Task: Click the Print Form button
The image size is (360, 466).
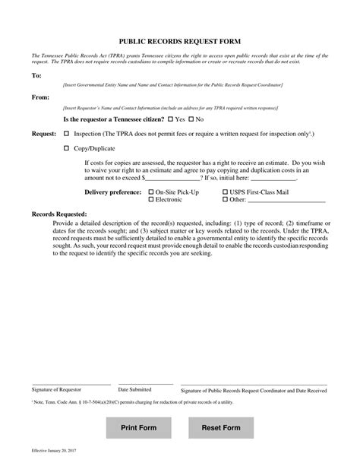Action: [x=139, y=429]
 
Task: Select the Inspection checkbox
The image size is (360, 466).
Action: [x=66, y=133]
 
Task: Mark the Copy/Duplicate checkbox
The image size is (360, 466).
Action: [x=66, y=148]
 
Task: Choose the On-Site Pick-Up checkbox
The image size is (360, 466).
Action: [x=150, y=192]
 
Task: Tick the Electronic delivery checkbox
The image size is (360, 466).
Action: [x=150, y=200]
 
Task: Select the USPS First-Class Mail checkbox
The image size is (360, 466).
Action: [x=225, y=192]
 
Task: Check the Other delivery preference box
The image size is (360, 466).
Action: [x=225, y=200]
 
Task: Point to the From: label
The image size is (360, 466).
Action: [x=39, y=98]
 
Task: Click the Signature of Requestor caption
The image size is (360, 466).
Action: [x=56, y=389]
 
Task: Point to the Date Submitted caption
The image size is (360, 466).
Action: [x=134, y=389]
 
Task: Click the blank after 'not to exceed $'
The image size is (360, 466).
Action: [x=178, y=177]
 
